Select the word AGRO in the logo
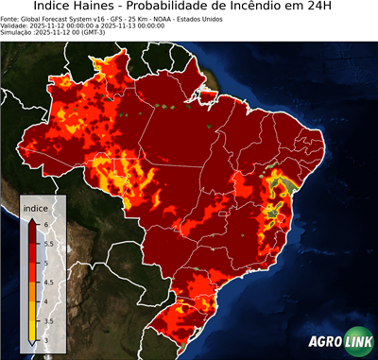pyautogui.click(x=323, y=341)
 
